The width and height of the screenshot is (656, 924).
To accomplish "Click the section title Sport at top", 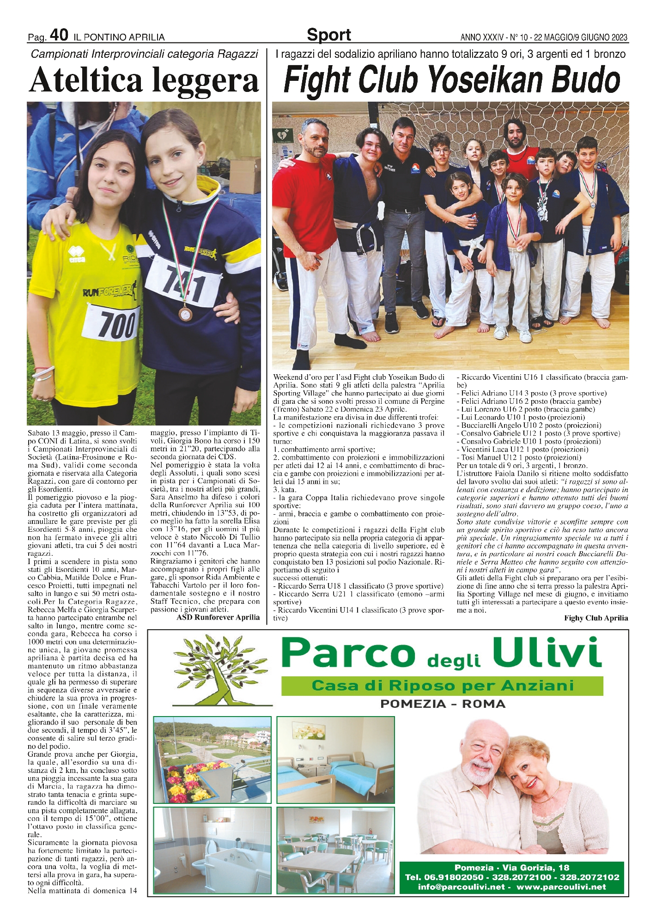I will pos(328,35).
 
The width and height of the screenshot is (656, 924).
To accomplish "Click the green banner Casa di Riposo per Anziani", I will pos(442,686).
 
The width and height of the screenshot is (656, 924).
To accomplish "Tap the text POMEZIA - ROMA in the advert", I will pos(442,704).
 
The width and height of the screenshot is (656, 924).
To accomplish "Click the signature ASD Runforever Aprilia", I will pos(219,617).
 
